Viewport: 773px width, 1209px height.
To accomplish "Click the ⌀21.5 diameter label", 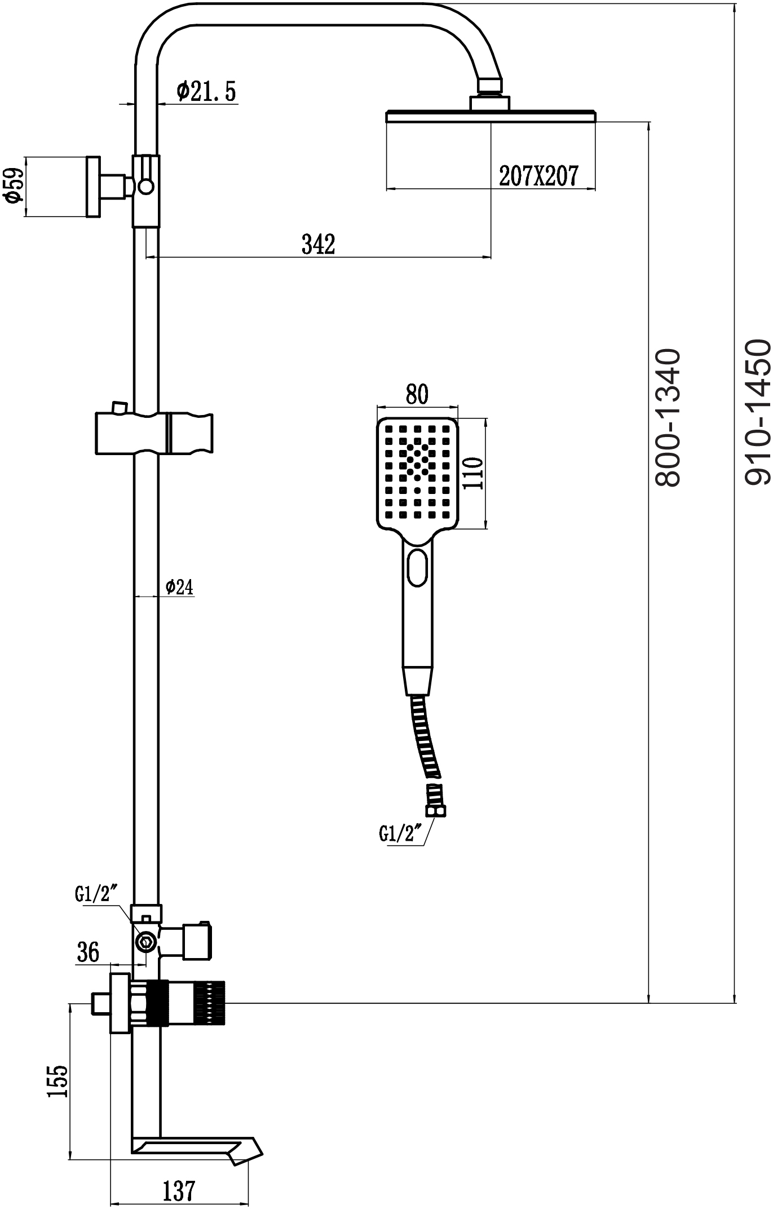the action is (206, 91).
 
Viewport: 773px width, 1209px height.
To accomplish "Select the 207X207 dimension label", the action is (538, 176).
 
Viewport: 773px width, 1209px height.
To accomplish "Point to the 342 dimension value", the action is (319, 244).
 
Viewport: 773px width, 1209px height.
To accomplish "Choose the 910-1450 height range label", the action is (757, 412).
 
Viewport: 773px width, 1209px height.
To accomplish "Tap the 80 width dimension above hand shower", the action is (417, 394).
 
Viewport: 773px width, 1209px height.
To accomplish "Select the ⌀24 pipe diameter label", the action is (179, 587).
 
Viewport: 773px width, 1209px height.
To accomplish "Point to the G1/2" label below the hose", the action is (401, 833).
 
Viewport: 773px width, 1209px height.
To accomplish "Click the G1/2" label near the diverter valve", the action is (96, 893).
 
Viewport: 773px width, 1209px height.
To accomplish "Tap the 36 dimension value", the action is (87, 952).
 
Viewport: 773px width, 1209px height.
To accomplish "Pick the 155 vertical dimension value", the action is (58, 1081).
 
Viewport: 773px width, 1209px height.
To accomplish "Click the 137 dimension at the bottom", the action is (179, 1191).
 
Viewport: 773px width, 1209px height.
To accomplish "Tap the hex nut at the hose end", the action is (436, 811).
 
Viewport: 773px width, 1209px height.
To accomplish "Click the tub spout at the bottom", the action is (197, 1148).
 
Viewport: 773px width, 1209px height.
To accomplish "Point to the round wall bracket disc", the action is (93, 186).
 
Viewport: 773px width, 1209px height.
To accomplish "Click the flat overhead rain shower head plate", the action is (491, 116).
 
